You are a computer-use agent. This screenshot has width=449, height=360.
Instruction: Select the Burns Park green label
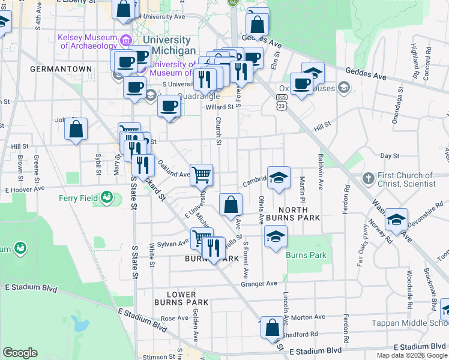tap(306, 255)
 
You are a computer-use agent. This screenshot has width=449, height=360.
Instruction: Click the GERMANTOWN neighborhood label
tap(61, 69)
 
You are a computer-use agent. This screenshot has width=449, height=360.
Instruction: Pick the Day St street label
tap(390, 155)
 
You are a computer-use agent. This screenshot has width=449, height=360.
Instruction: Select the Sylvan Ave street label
tap(173, 245)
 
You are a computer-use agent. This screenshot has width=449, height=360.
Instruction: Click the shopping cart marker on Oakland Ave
tap(202, 175)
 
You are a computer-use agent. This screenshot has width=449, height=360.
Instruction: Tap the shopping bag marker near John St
tap(76, 129)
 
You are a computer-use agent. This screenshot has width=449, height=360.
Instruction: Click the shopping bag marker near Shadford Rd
tap(272, 328)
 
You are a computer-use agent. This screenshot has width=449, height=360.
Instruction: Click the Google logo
tap(20, 353)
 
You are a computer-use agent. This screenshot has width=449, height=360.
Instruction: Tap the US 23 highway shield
tap(281, 105)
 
